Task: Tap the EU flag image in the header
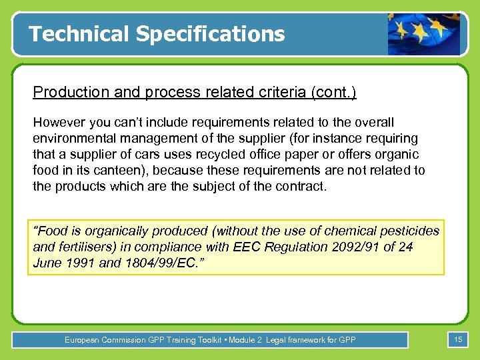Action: coord(424,34)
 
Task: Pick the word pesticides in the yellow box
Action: coord(409,231)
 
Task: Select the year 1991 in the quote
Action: coord(81,263)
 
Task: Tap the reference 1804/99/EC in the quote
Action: coord(167,263)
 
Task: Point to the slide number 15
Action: coord(458,340)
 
